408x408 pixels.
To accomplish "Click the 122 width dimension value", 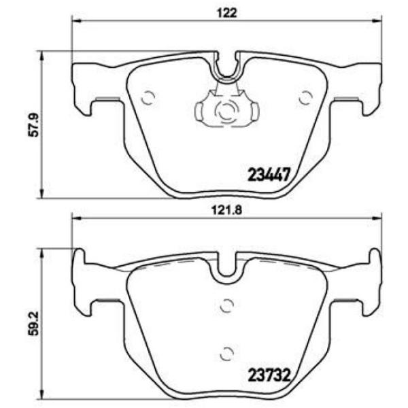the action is point(227,12).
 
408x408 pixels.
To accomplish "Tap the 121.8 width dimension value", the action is point(226,210).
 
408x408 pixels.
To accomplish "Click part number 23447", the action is point(269,174).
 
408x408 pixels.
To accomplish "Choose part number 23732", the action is point(269,375).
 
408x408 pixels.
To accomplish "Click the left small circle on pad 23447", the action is point(148,97).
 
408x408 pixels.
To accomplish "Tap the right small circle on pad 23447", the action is point(305,97).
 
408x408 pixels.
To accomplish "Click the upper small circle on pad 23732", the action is point(226,305).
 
